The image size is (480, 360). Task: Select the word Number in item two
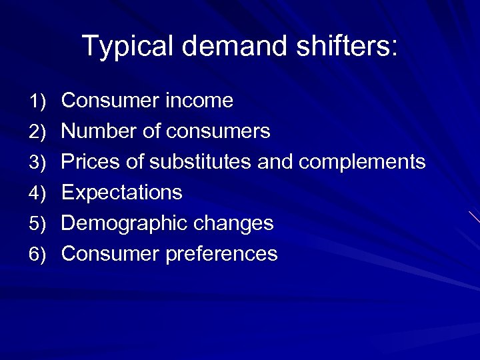[x=99, y=131]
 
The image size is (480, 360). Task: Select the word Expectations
[x=121, y=193]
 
